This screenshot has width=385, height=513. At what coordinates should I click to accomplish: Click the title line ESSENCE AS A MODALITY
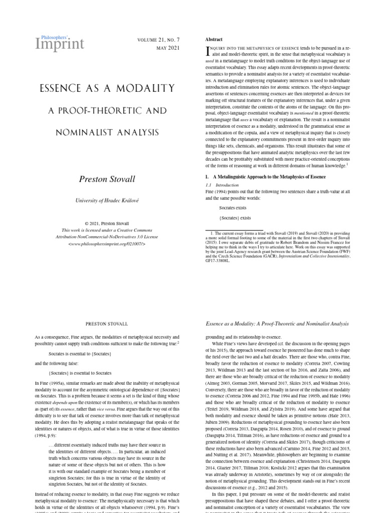[x=107, y=89]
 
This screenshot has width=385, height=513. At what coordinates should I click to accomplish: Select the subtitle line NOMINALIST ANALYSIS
[x=107, y=132]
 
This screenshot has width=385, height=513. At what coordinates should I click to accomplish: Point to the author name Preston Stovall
[x=107, y=179]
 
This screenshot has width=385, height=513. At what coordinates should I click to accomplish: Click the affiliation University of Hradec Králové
[x=107, y=200]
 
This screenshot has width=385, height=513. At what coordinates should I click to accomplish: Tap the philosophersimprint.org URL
[x=107, y=243]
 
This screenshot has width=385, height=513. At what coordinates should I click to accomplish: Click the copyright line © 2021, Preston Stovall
[x=107, y=223]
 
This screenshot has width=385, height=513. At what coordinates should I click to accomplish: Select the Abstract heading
[x=214, y=40]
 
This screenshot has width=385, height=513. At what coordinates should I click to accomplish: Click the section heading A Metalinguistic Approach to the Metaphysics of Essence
[x=269, y=177]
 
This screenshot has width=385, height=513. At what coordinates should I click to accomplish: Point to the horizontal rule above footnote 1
[x=227, y=230]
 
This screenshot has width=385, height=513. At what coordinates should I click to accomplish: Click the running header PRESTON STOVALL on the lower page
[x=107, y=324]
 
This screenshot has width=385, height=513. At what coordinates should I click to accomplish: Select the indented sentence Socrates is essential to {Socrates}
[x=80, y=354]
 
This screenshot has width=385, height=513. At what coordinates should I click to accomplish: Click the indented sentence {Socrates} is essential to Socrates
[x=80, y=373]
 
